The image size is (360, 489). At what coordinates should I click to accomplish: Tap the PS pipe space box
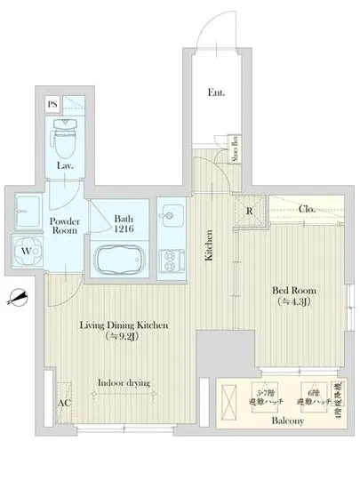(x=52, y=102)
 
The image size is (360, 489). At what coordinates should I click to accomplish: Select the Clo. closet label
(x=308, y=210)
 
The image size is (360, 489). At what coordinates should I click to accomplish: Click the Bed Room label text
(x=292, y=296)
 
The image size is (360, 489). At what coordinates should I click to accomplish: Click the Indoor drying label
(x=124, y=383)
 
